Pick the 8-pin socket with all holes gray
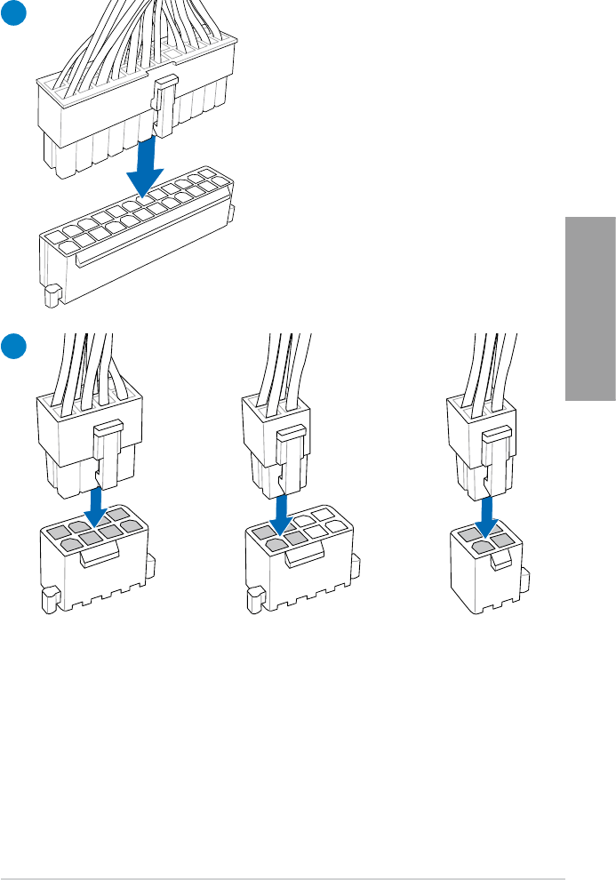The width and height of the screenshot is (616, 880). (93, 560)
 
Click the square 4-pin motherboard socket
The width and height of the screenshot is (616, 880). (489, 569)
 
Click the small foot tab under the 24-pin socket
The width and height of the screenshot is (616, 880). (52, 294)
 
